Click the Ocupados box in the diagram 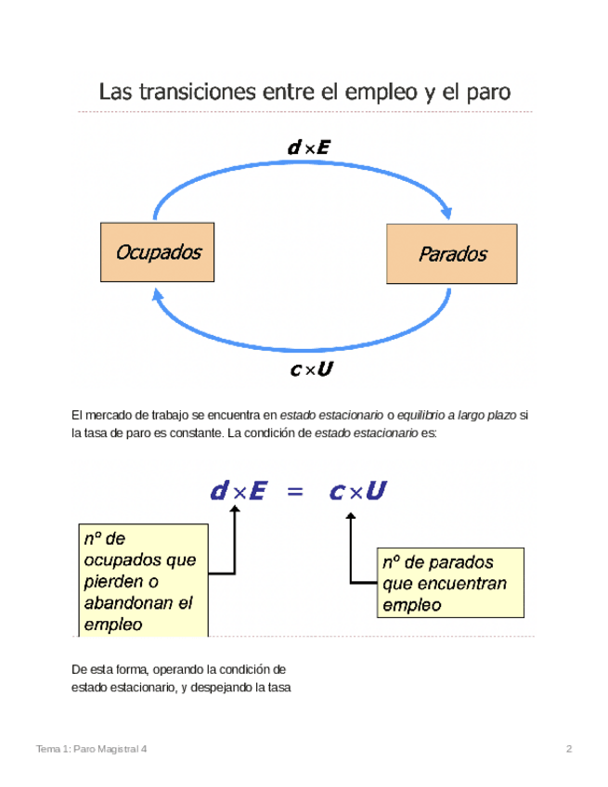click(x=157, y=252)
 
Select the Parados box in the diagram click(x=452, y=253)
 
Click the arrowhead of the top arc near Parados click(x=447, y=212)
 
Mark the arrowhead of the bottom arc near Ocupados click(x=159, y=294)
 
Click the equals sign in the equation click(x=295, y=492)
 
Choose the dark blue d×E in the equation click(x=238, y=492)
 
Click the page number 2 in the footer click(x=568, y=749)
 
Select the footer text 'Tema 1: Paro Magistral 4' click(x=91, y=749)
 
